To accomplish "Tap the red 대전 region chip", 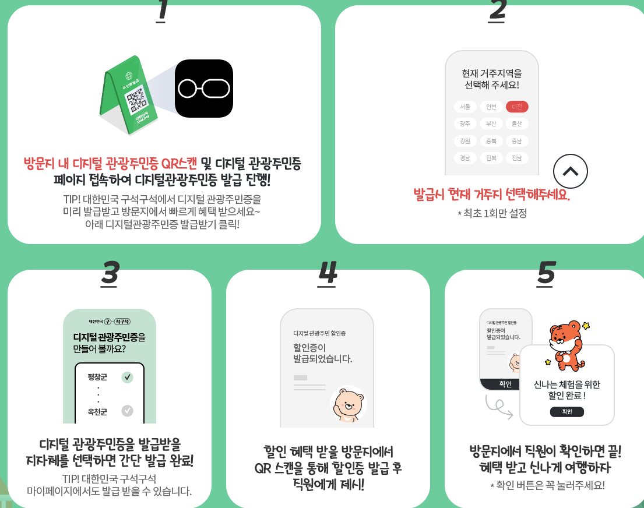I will pyautogui.click(x=517, y=107).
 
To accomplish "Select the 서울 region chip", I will pyautogui.click(x=465, y=107).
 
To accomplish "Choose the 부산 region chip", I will pyautogui.click(x=491, y=124).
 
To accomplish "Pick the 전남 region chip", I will pyautogui.click(x=517, y=158).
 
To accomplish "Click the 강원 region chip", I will pyautogui.click(x=465, y=141).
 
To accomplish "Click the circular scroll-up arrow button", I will pyautogui.click(x=570, y=171).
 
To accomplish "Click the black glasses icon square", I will pyautogui.click(x=204, y=89).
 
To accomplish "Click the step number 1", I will pyautogui.click(x=162, y=11).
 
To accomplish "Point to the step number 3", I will pyautogui.click(x=110, y=273).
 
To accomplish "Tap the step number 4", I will pyautogui.click(x=328, y=273).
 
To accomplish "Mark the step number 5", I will pyautogui.click(x=546, y=273).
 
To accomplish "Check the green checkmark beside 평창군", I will pyautogui.click(x=127, y=377).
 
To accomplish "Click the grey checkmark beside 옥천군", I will pyautogui.click(x=127, y=411).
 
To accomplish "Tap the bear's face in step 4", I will pyautogui.click(x=348, y=402).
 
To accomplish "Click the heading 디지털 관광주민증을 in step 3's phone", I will pyautogui.click(x=109, y=337).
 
